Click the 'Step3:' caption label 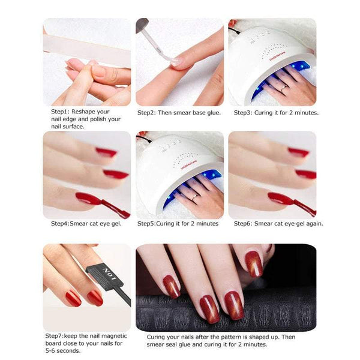tap(244, 112)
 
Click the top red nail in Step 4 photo tap(106, 152)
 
